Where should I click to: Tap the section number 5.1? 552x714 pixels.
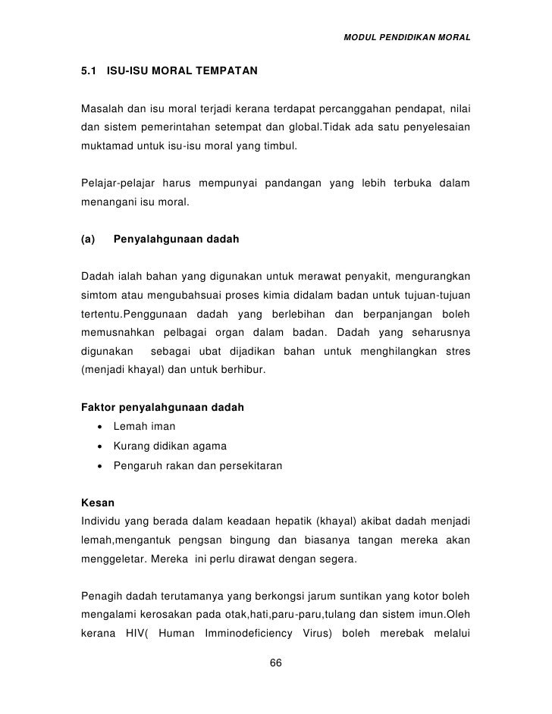(89, 73)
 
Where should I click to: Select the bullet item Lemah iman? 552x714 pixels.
(144, 427)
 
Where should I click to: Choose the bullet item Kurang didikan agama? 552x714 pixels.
(170, 446)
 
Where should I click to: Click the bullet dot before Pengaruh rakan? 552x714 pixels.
(100, 465)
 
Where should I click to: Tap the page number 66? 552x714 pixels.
(276, 664)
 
